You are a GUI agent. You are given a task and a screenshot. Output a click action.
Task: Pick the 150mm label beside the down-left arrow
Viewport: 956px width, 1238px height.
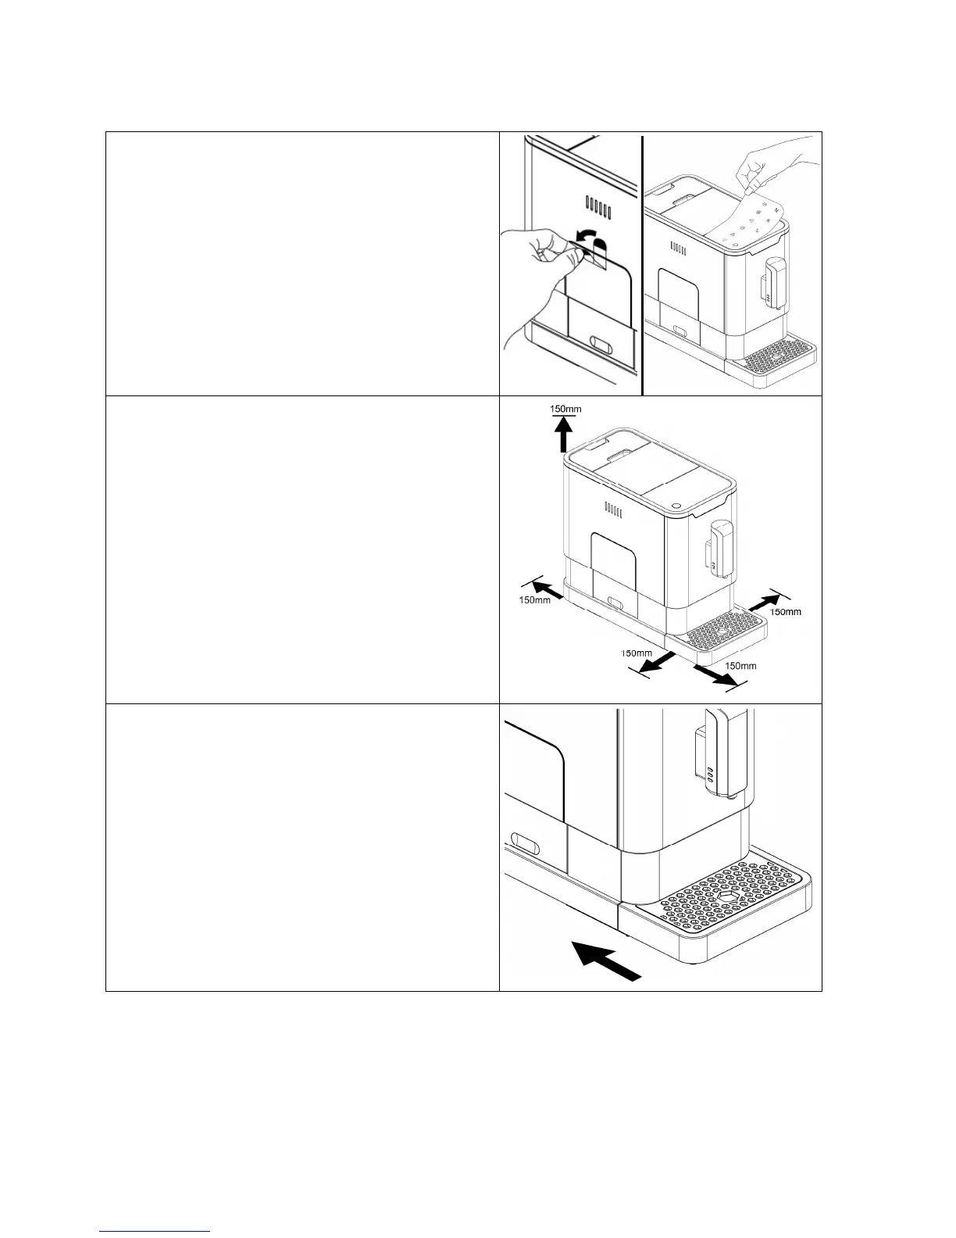(x=636, y=653)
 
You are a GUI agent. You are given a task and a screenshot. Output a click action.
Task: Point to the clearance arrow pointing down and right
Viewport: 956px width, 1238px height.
(x=715, y=676)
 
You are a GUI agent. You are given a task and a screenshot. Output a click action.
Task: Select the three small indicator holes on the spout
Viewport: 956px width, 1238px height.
(x=709, y=775)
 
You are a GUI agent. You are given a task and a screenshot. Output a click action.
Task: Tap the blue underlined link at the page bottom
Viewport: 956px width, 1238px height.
(x=155, y=1231)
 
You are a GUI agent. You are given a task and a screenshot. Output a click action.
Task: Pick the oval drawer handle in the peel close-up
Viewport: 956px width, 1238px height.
(x=602, y=345)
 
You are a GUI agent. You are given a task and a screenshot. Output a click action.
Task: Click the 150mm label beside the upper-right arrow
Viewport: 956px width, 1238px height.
(x=786, y=612)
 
